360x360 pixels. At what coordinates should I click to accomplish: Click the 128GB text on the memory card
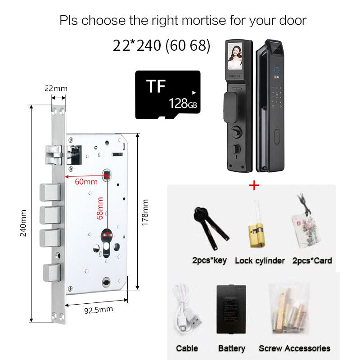(183, 103)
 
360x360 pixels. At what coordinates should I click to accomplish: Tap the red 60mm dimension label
(86, 182)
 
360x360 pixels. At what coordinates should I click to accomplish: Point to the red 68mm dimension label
(99, 208)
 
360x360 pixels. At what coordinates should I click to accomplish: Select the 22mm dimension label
(56, 88)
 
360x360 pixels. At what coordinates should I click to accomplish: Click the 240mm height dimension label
(23, 223)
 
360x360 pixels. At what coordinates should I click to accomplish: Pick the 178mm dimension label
(144, 212)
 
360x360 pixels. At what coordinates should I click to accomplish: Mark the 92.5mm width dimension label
(99, 310)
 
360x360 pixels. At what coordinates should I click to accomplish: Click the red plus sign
(254, 185)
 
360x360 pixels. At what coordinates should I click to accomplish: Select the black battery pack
(231, 309)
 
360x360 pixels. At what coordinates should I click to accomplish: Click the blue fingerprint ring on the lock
(277, 70)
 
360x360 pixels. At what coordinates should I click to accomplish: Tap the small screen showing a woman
(235, 56)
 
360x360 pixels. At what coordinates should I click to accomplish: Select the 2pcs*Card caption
(312, 261)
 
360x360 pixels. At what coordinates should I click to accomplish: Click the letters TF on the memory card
(156, 86)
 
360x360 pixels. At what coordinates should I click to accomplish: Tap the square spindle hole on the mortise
(106, 175)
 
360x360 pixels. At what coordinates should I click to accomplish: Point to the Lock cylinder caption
(260, 261)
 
